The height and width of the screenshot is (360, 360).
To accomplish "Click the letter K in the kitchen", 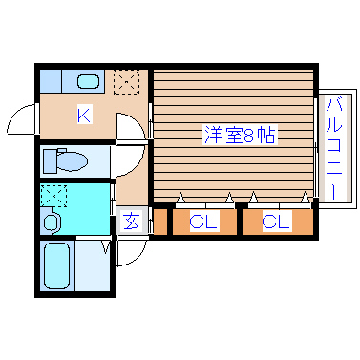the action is [84, 116].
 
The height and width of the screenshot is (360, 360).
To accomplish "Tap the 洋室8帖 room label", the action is [239, 135].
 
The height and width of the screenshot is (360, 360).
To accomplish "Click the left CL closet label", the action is [201, 222].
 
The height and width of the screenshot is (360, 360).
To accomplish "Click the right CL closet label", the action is [276, 222].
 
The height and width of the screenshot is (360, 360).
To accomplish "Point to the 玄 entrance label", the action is [132, 223].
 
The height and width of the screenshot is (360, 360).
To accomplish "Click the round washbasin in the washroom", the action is [51, 222].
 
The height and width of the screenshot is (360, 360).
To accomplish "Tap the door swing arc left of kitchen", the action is [21, 122].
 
